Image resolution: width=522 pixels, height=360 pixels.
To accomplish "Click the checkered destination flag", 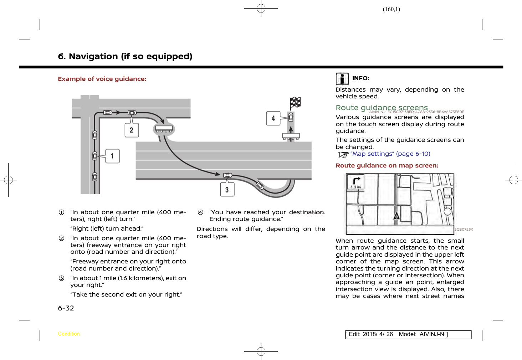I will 295,103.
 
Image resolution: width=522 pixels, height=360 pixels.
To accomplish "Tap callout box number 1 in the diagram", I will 112,156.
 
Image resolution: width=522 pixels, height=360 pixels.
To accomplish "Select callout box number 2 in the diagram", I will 132,130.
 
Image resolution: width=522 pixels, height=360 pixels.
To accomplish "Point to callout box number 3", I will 227,190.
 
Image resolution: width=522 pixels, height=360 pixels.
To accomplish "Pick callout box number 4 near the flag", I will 273,118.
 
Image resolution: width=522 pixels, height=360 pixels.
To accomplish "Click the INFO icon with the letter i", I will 342,79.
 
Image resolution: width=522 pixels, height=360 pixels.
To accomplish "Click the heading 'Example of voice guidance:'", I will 102,79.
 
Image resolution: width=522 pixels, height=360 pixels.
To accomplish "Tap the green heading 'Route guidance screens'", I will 382,108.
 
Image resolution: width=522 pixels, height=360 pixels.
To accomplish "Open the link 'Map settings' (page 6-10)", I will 390,154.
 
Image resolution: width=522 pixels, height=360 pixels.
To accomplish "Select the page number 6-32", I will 66,308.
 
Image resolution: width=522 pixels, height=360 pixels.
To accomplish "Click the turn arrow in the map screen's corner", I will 356,180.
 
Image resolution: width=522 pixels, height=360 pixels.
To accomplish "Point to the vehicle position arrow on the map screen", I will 396,216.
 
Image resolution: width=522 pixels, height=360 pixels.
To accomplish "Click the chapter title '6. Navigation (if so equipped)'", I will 125,56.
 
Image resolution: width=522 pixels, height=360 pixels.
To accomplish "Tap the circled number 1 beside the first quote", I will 62,212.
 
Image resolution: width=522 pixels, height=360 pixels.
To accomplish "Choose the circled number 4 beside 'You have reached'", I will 201,212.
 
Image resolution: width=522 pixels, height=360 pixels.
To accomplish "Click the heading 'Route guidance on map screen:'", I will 387,165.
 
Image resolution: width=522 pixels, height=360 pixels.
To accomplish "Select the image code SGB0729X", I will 464,230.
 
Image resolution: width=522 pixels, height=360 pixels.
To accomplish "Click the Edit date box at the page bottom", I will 408,334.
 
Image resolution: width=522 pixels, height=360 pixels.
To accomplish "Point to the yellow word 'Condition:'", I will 70,334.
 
